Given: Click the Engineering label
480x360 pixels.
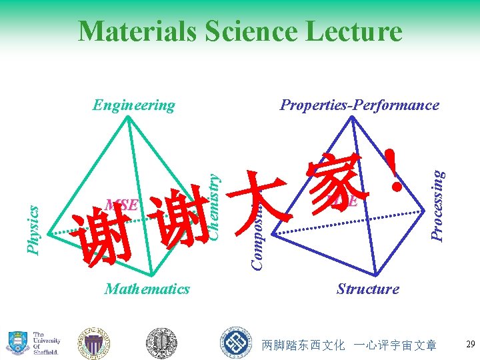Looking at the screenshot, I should [133, 105].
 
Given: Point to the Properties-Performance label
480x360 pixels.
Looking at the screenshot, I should [359, 105].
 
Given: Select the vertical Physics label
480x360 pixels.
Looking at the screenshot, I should [32, 229].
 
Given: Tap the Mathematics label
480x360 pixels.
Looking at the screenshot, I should [147, 289].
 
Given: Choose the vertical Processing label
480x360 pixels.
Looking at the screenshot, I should [437, 205].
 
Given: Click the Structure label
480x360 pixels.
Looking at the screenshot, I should [367, 289].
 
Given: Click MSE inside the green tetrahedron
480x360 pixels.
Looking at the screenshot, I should [121, 204].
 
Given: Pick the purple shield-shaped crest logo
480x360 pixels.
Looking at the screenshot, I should [94, 341].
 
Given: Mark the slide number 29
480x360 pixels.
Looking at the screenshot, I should [469, 345].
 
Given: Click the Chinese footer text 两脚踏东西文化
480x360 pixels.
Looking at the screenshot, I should [303, 345].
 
